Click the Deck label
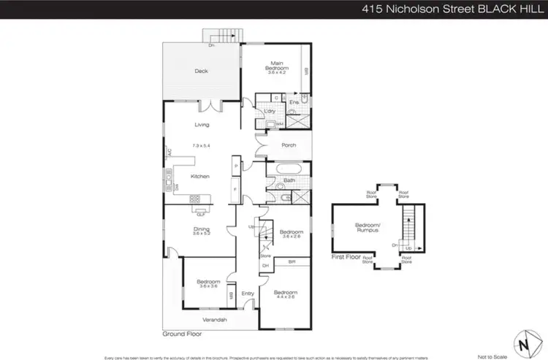coord(202,71)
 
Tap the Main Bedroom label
coord(277,66)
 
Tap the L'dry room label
coord(270,111)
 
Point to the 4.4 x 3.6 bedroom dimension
coord(285,297)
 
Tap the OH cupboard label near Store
coord(265,265)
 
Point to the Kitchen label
coord(200,176)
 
